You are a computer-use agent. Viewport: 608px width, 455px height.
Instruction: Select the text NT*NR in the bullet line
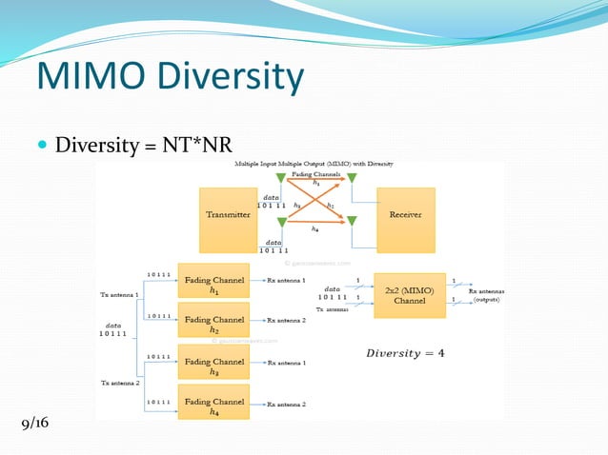tap(198, 146)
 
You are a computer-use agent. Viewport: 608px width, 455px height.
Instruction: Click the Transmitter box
tap(229, 214)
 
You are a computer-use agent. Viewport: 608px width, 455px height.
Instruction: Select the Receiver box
tap(405, 214)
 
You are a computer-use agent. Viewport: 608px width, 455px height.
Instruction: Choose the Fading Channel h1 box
tap(213, 284)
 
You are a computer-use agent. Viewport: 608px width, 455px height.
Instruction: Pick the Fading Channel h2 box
tap(213, 324)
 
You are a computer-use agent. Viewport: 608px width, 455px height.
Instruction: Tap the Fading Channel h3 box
tap(213, 365)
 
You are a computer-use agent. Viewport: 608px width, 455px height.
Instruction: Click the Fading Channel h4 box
tap(213, 406)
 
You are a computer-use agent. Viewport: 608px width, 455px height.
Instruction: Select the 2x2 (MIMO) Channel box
tap(410, 295)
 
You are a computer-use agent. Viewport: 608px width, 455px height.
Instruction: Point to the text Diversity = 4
tap(405, 353)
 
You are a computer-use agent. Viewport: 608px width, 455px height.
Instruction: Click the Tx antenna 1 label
tap(119, 295)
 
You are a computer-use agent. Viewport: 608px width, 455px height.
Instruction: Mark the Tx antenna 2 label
tap(119, 383)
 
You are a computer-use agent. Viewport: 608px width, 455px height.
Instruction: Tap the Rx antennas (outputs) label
tap(486, 295)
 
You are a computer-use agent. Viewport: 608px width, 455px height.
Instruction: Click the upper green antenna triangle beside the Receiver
tap(352, 178)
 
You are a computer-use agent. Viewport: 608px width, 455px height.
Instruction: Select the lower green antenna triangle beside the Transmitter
tap(280, 222)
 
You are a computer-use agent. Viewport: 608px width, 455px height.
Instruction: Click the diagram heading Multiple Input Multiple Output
tap(314, 165)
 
